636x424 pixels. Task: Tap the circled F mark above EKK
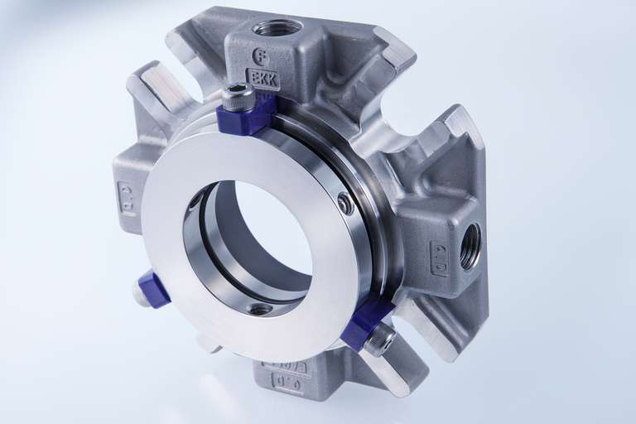(261, 57)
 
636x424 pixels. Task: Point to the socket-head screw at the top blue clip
(238, 98)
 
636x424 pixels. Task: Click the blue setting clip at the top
(246, 118)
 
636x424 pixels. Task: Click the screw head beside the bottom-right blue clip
(381, 340)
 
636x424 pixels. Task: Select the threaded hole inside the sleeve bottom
(259, 308)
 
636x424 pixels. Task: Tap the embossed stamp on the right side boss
(439, 258)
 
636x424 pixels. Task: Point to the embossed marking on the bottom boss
(286, 382)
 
